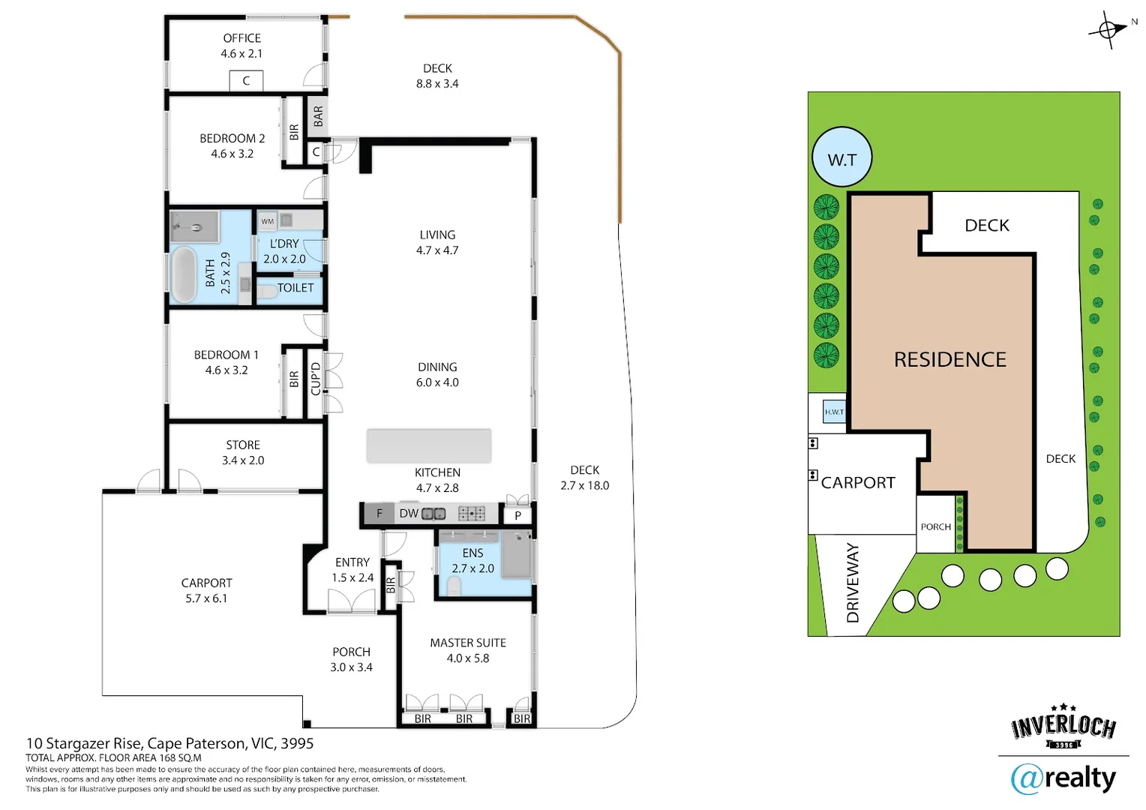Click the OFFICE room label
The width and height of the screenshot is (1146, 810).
(x=241, y=38)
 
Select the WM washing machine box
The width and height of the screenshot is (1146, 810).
(x=267, y=221)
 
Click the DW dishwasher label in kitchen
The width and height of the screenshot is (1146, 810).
(x=409, y=514)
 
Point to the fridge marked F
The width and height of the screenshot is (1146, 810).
(x=379, y=514)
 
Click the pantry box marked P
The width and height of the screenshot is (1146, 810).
(x=517, y=515)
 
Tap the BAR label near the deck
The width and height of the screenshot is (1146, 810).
(x=318, y=115)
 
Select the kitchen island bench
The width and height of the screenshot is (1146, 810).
(x=428, y=445)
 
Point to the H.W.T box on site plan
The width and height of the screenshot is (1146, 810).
(x=834, y=412)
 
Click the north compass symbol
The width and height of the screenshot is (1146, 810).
(x=1108, y=30)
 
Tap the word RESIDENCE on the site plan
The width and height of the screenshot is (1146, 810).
(x=949, y=360)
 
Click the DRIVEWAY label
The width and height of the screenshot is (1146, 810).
(x=853, y=583)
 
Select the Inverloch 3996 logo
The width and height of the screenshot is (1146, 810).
(x=1063, y=727)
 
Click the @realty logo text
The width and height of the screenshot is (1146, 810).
(x=1063, y=778)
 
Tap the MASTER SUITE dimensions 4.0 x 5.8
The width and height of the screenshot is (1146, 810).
(x=467, y=658)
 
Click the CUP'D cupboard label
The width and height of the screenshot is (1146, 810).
(x=316, y=379)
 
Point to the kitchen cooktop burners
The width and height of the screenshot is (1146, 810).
(x=472, y=514)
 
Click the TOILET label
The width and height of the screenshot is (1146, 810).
(x=295, y=288)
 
